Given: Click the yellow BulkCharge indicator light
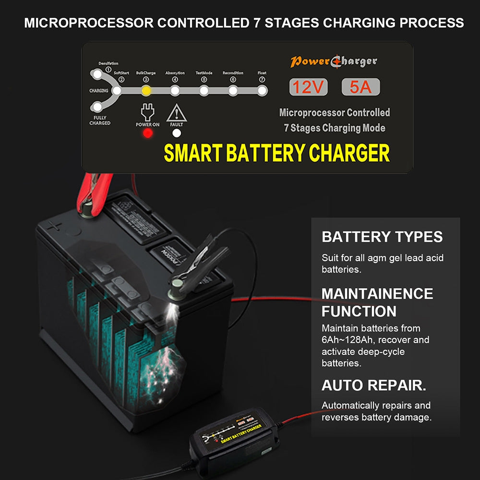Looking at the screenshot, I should [x=146, y=90].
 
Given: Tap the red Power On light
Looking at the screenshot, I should [x=148, y=133].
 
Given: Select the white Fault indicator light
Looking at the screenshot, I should [x=177, y=133].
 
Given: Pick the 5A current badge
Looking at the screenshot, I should [x=360, y=87].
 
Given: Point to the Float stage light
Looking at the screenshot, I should [x=262, y=90].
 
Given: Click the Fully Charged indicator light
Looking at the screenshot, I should [x=97, y=107].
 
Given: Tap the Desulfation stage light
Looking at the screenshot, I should [x=97, y=74].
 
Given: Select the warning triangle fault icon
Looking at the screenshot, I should [x=177, y=113].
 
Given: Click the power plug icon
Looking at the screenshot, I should [x=147, y=112].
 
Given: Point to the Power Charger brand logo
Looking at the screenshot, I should [x=334, y=61].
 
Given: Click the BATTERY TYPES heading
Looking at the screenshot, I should [x=382, y=237].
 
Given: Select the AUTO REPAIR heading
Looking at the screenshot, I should [x=374, y=385].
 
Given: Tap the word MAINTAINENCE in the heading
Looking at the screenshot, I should [x=377, y=293].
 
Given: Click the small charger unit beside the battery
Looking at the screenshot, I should [x=230, y=437].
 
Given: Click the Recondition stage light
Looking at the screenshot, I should [x=233, y=90].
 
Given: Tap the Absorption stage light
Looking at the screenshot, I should [x=175, y=90].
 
